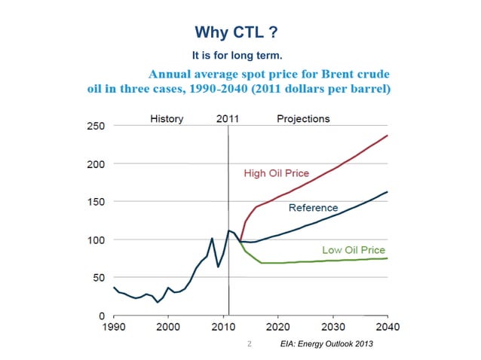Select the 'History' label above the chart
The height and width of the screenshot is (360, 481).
pyautogui.click(x=167, y=119)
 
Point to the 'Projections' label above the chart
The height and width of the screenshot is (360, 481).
pyautogui.click(x=303, y=119)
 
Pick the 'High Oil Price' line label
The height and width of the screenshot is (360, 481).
pyautogui.click(x=277, y=173)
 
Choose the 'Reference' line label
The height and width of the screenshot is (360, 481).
pyautogui.click(x=314, y=207)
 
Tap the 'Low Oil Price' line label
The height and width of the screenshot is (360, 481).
pyautogui.click(x=354, y=250)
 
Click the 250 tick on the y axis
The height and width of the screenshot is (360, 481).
pyautogui.click(x=94, y=126)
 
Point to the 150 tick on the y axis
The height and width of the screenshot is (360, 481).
pyautogui.click(x=94, y=202)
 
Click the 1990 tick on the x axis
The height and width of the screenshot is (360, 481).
pyautogui.click(x=113, y=328)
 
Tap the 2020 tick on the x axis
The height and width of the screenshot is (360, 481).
pyautogui.click(x=277, y=328)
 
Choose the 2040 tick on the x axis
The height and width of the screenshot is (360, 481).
pyautogui.click(x=388, y=328)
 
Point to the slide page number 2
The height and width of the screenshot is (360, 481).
pyautogui.click(x=249, y=344)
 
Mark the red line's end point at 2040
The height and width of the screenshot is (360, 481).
pyautogui.click(x=388, y=136)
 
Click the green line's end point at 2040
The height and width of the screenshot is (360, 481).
pyautogui.click(x=388, y=258)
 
